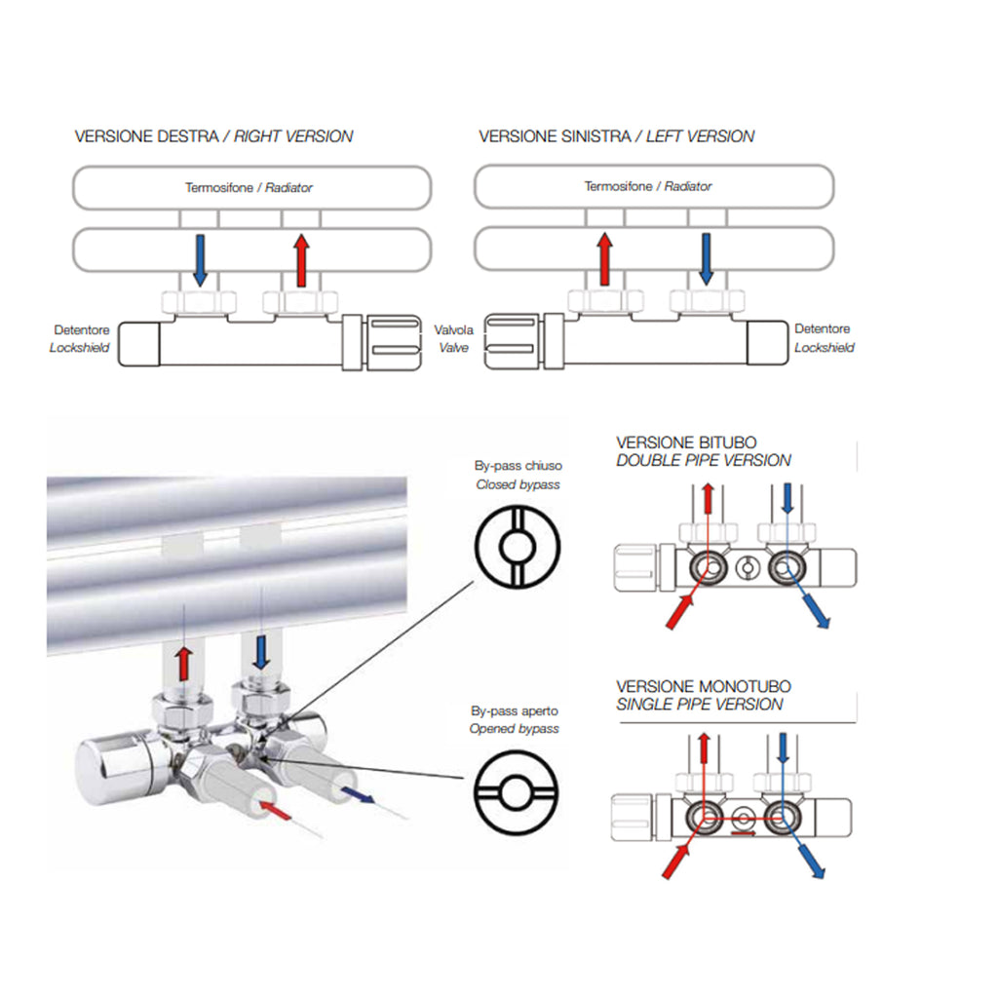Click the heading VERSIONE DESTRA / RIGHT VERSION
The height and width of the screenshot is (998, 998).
coord(213,136)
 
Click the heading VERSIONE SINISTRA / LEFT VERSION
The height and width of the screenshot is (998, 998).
coord(616,136)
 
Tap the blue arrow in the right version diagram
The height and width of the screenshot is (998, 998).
coord(200,259)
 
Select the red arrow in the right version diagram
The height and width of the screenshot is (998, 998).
coord(301,259)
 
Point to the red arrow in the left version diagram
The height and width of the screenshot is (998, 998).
coord(604,259)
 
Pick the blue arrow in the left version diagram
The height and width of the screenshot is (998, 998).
coord(707,259)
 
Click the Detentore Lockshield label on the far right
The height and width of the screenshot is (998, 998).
coord(825,338)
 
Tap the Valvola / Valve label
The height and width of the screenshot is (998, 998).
coord(454,338)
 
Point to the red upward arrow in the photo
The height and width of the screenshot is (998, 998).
coord(182,662)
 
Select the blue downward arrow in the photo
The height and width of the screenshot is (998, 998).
coord(259,650)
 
